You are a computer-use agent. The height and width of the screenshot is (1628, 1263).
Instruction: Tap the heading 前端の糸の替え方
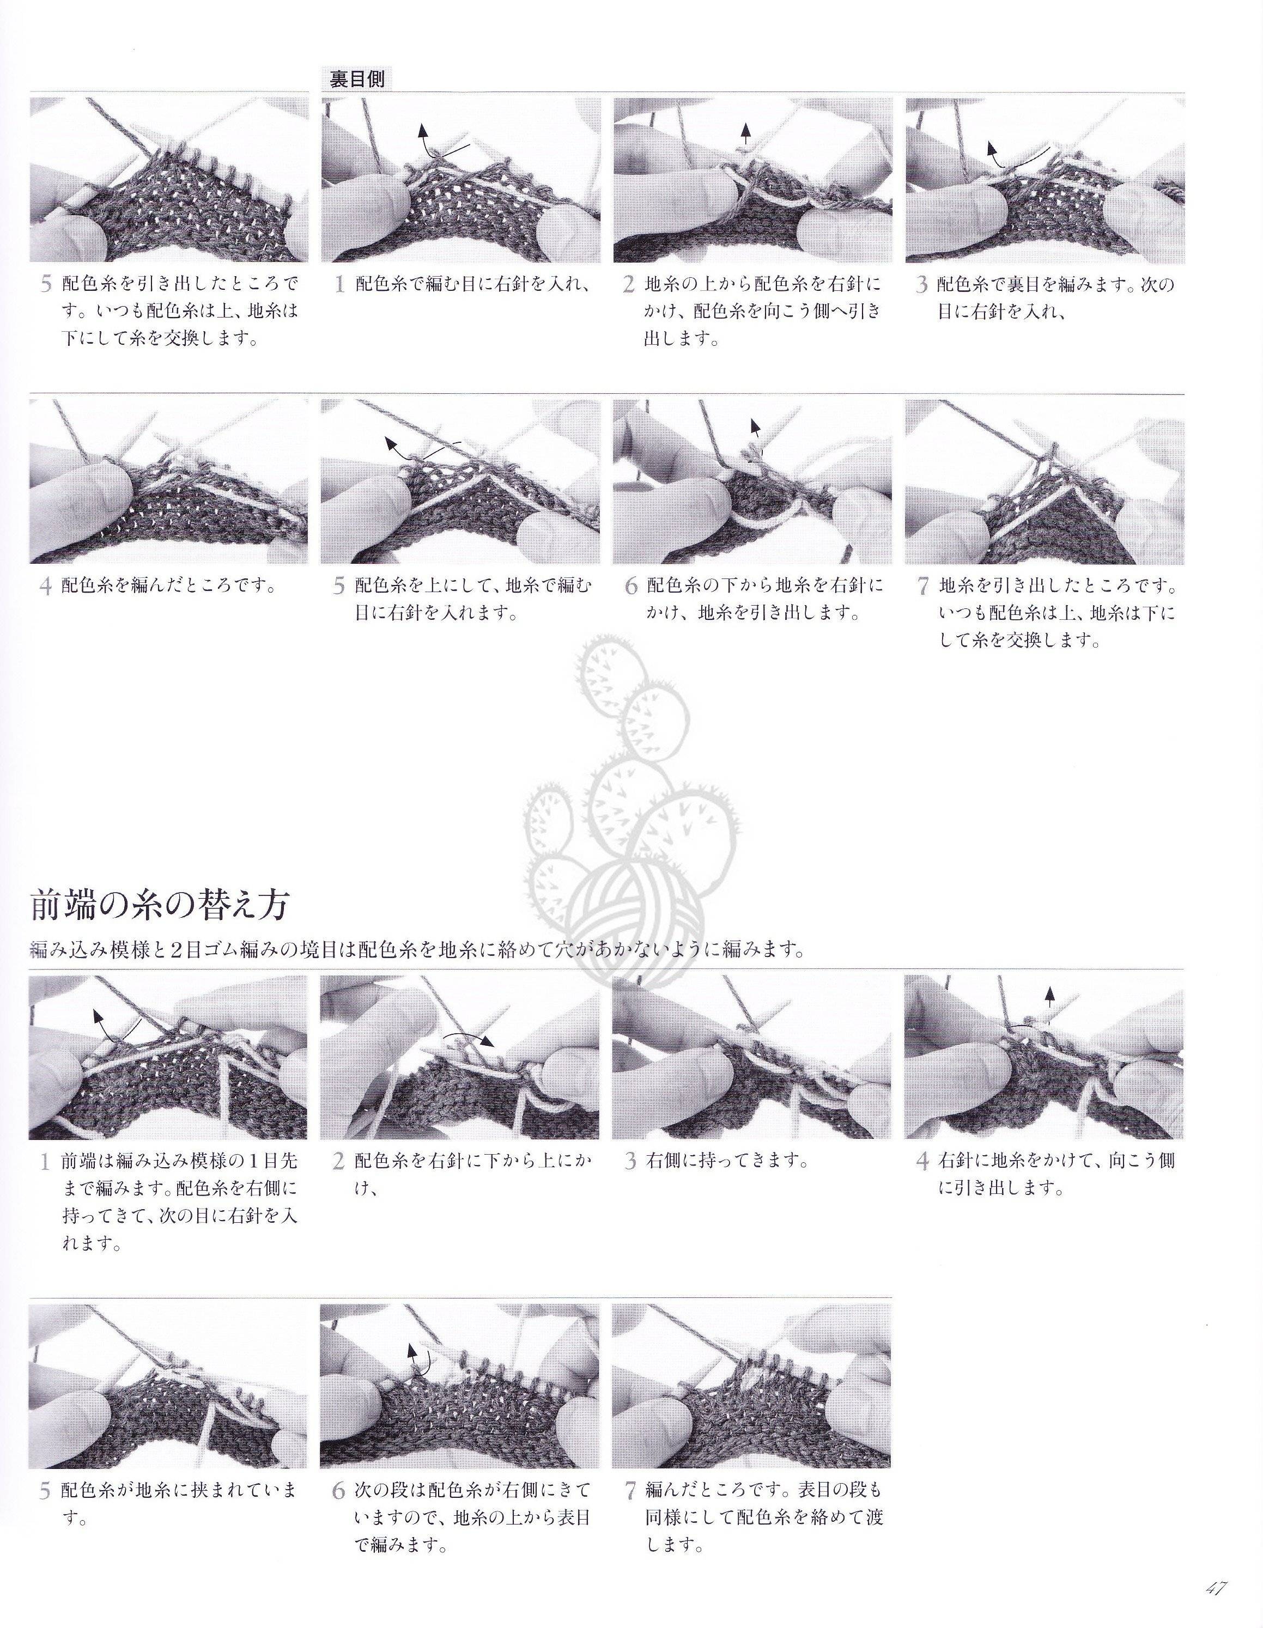[x=160, y=906]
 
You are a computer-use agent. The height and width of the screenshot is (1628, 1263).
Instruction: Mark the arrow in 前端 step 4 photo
[x=1050, y=999]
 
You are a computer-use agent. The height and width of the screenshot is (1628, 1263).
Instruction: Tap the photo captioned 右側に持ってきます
[x=751, y=1058]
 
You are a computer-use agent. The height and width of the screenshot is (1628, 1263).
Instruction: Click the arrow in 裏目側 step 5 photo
[x=423, y=449]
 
